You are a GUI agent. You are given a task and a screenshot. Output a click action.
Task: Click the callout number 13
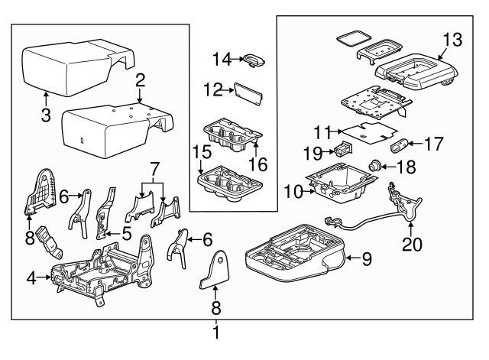tap(453, 38)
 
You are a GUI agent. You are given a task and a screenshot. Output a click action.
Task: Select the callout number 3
tap(46, 115)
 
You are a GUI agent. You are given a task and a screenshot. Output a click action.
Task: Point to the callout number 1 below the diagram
tap(215, 332)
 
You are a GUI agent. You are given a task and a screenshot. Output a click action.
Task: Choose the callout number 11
tap(323, 130)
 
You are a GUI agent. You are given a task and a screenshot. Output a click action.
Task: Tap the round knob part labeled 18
tap(376, 164)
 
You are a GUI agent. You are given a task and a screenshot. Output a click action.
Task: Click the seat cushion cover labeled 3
tap(73, 65)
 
